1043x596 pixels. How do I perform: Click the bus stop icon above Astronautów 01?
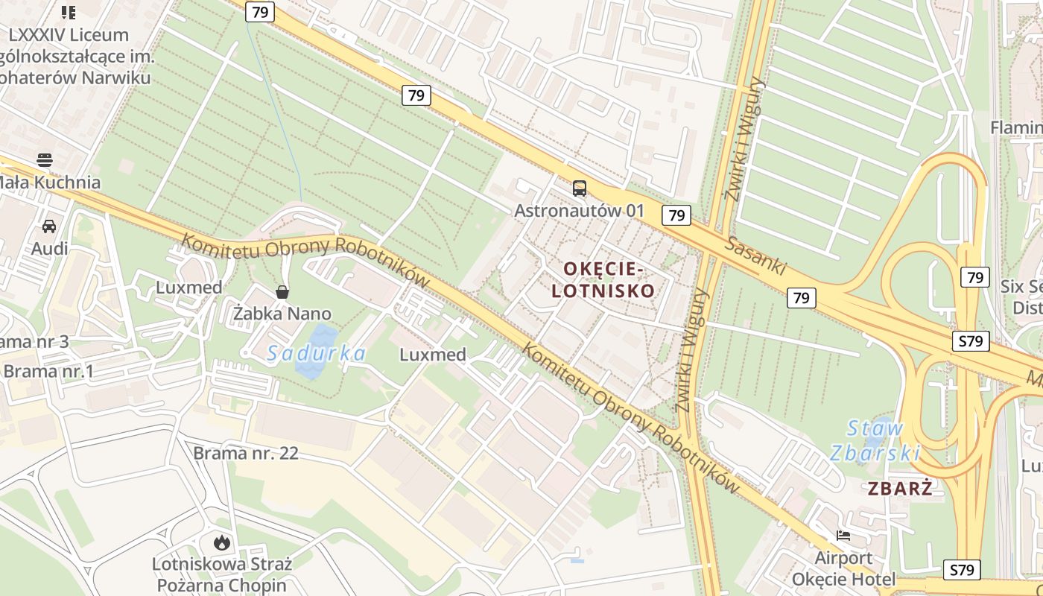pos(579,188)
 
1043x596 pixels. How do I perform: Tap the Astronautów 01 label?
pos(579,210)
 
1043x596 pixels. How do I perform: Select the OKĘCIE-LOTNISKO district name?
pos(603,279)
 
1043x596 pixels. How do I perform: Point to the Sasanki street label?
pos(754,256)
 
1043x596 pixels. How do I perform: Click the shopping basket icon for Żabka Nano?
pos(282,292)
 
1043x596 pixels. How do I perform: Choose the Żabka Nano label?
pos(282,314)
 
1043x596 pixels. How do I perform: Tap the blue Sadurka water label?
pos(317,353)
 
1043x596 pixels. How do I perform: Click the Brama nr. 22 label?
pos(246,453)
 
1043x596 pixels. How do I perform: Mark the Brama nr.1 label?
pos(48,371)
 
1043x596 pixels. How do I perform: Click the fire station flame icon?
pos(221,542)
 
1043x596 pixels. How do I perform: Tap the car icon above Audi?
pos(49,226)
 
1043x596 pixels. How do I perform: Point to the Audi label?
pos(49,248)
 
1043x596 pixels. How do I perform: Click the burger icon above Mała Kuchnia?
pos(45,159)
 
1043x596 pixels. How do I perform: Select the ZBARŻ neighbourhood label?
pos(900,489)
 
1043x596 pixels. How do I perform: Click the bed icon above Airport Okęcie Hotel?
pos(843,536)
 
